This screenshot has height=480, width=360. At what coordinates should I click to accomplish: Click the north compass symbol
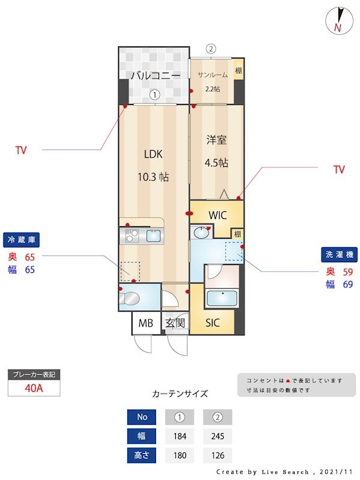point(338,20)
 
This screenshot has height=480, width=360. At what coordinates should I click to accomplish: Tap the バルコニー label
point(155,76)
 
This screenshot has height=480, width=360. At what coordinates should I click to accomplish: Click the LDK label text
point(154,154)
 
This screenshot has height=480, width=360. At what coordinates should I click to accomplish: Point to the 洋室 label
point(217,140)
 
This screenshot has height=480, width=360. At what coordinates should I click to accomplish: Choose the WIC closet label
point(217,215)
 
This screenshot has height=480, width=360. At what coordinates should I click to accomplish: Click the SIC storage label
point(212,323)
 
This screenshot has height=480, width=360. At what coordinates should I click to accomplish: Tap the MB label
point(146,323)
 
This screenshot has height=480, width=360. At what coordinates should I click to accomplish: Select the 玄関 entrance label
point(175,323)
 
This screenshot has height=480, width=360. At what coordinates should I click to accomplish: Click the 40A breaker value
point(34,387)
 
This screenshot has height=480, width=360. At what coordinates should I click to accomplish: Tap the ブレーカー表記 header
point(34,374)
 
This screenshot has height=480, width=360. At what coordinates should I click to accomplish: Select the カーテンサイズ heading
point(180,394)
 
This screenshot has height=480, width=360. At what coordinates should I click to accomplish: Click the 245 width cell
point(217,436)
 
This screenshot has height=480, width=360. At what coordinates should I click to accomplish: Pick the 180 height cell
point(179,455)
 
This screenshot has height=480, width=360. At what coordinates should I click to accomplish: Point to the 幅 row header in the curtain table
point(142,436)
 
